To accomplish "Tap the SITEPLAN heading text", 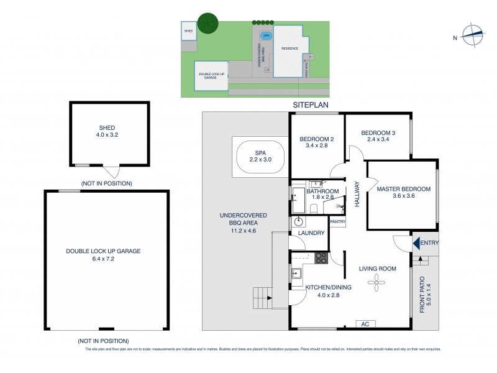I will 311,106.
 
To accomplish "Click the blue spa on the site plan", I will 266,36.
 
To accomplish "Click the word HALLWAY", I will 357,194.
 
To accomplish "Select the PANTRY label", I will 338,222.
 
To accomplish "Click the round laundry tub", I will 299,221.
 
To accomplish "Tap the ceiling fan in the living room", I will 376,284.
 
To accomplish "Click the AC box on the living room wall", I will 365,324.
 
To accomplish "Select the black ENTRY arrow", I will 416,243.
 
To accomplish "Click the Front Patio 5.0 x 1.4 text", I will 424,293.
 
